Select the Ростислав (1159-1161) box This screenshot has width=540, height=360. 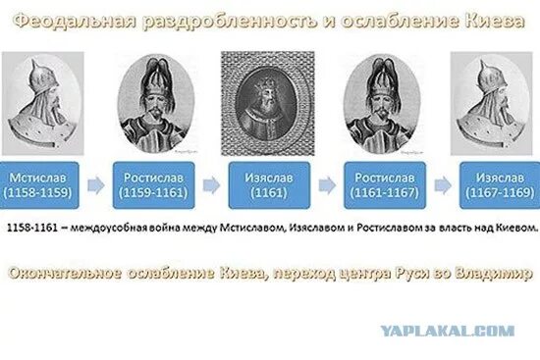(x=150, y=183)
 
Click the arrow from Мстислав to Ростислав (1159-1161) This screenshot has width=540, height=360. (x=94, y=183)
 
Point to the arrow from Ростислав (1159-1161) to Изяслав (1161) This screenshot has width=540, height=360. (x=207, y=183)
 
